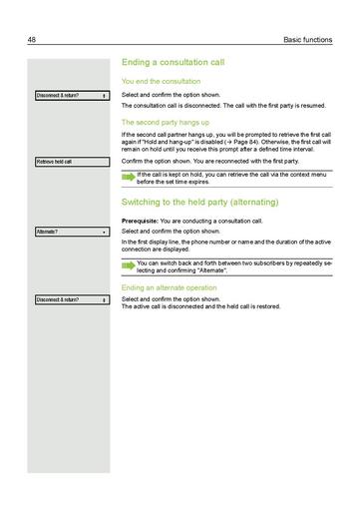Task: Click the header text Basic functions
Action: tap(306, 40)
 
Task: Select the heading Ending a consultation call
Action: tap(172, 63)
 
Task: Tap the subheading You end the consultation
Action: tap(161, 81)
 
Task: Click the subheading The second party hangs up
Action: tap(167, 123)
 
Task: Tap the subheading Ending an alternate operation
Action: tap(176, 288)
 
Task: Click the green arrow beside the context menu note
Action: tap(128, 175)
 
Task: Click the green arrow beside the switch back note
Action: tap(128, 265)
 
